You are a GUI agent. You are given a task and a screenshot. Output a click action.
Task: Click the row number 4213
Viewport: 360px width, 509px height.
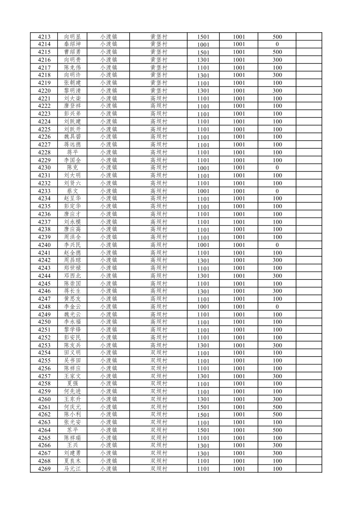click(44, 37)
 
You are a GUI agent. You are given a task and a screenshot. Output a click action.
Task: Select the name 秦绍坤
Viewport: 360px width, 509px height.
click(72, 44)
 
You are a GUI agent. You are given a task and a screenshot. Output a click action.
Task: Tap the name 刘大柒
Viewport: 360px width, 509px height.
click(72, 99)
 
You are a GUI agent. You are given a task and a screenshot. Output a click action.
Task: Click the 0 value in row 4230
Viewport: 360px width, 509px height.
click(277, 168)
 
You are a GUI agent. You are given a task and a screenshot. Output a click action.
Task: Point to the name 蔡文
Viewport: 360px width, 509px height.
click(72, 191)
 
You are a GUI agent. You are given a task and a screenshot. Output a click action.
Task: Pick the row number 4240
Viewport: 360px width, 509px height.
click(44, 245)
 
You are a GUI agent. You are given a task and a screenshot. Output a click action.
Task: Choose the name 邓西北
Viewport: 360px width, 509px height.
click(72, 276)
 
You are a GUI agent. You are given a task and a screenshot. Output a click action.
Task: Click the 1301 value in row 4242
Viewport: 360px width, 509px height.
click(203, 260)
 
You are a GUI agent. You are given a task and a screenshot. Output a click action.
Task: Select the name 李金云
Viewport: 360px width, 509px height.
click(72, 307)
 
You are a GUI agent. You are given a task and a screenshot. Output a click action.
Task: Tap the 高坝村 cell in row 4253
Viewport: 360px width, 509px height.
click(159, 345)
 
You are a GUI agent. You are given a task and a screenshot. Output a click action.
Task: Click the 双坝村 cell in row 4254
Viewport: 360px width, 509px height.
click(159, 353)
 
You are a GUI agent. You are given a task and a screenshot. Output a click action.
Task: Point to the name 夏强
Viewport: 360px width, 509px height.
click(72, 383)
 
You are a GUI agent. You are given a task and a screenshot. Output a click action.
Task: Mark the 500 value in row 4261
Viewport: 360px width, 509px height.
click(277, 407)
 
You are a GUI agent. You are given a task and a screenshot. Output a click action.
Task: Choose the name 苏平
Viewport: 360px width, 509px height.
click(72, 430)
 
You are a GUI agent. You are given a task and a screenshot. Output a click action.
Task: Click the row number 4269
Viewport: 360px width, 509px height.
click(44, 469)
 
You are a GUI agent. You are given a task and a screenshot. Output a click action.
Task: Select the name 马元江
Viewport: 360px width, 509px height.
click(72, 469)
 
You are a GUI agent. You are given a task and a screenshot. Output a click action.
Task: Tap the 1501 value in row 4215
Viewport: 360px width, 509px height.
click(203, 52)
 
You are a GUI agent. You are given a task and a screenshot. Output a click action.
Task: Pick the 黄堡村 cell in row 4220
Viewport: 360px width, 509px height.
click(159, 90)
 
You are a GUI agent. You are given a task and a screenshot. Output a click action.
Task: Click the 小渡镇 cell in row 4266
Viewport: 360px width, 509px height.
click(109, 445)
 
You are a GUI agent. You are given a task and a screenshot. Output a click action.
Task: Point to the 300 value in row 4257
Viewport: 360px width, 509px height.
click(277, 376)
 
